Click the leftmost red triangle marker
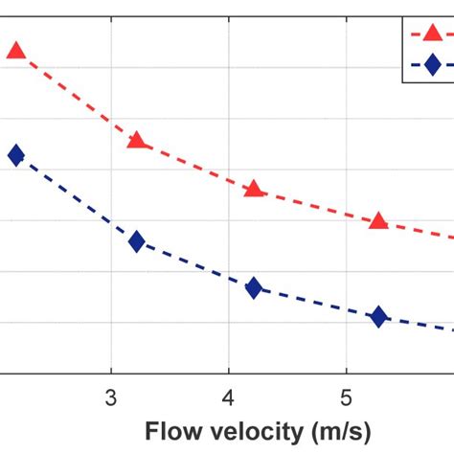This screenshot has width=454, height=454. tap(15, 51)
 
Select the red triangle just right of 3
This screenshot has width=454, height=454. tap(137, 141)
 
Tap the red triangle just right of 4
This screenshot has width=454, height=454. tap(254, 189)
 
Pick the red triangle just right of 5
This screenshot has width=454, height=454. tap(378, 221)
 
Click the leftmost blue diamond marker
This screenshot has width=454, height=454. tap(15, 155)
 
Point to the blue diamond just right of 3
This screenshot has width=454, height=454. tap(137, 241)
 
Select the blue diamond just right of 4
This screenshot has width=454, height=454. tap(254, 287)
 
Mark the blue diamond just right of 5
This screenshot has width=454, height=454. tap(378, 317)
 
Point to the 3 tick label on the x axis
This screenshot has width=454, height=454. tap(111, 397)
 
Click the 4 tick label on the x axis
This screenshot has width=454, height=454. tap(229, 397)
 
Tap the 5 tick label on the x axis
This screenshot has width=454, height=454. tap(346, 397)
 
